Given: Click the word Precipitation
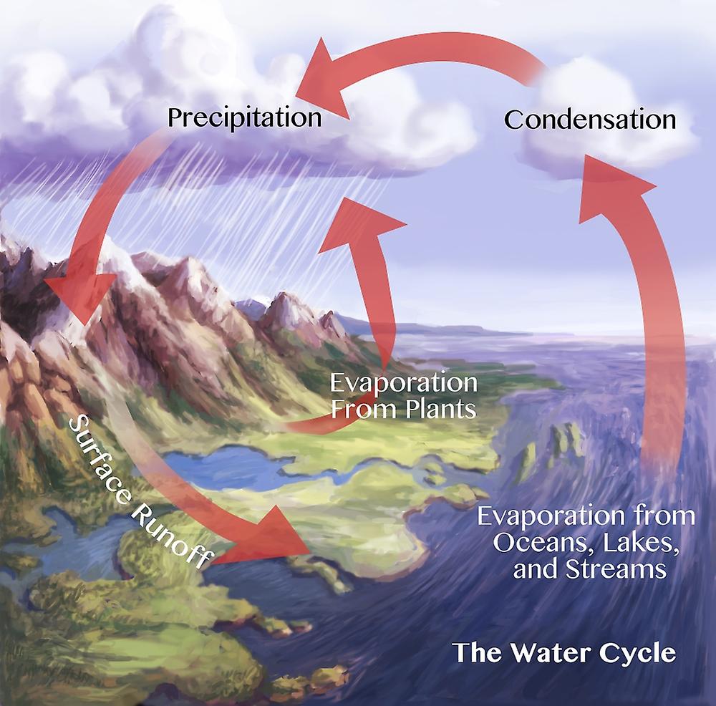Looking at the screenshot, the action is [x=245, y=118].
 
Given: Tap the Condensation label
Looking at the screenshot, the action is [x=590, y=120].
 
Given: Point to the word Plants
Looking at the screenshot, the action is [x=440, y=409].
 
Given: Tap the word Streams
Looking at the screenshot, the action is [x=615, y=569].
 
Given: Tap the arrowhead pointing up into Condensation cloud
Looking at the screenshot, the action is [x=612, y=187].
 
